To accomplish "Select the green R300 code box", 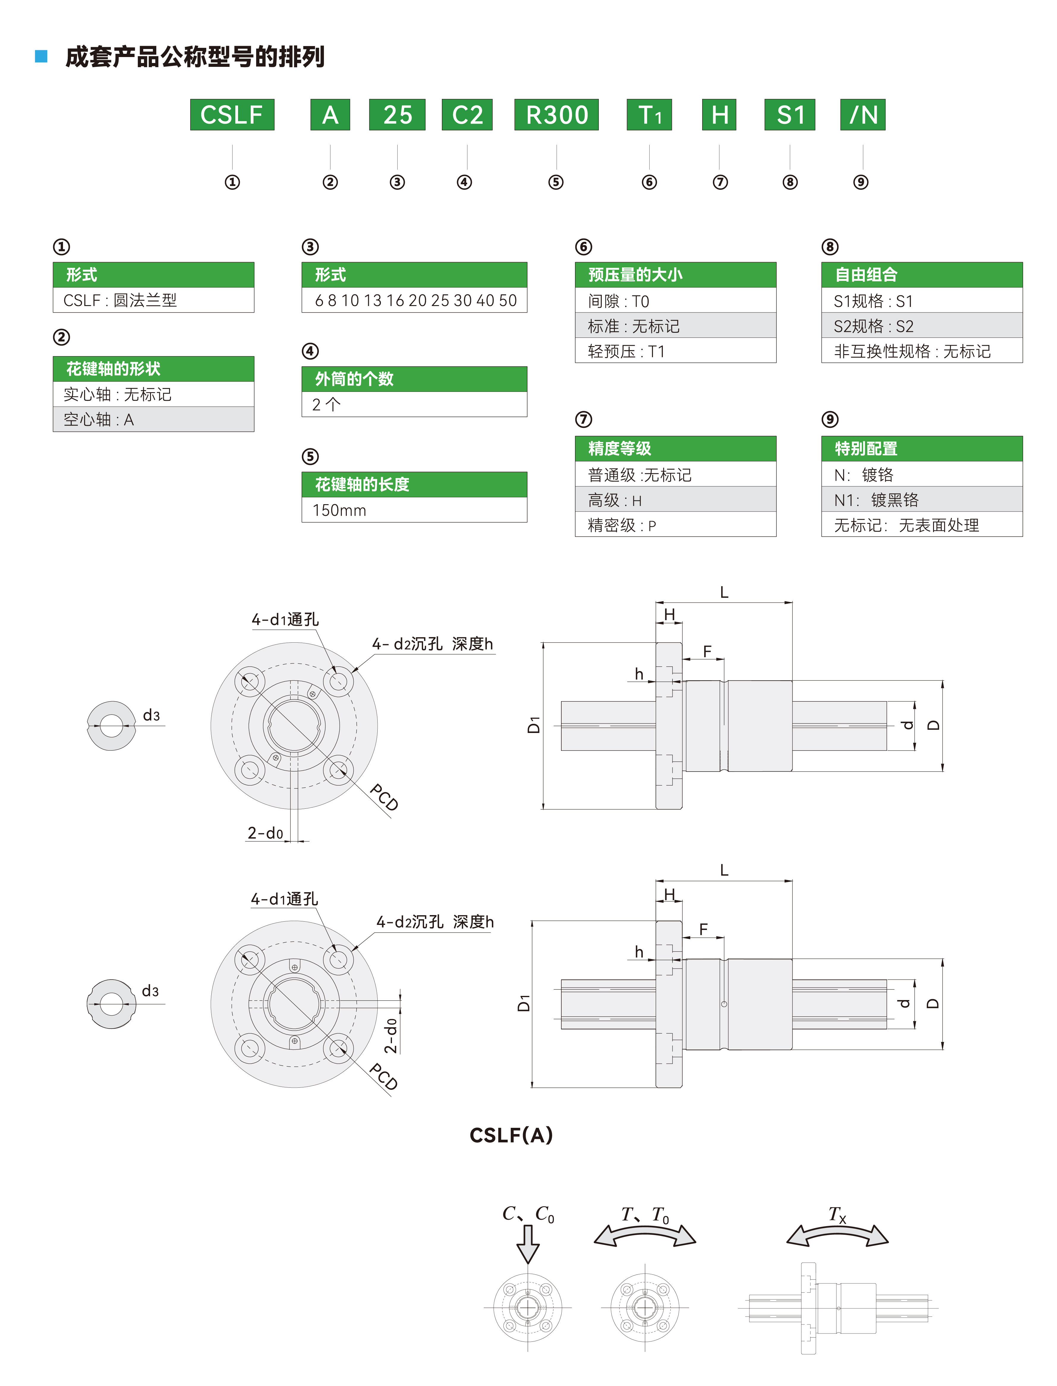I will point(556,114).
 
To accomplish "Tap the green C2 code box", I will point(467,114).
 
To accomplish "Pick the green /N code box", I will point(863,114).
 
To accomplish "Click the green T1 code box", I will point(649,114).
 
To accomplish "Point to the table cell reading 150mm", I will point(414,510).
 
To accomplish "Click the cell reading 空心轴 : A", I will point(153,420).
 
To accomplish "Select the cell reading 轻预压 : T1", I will point(675,351).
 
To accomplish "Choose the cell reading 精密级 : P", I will point(675,525).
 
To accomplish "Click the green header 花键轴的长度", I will point(414,485).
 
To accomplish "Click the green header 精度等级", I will point(675,449).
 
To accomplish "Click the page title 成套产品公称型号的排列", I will point(195,57).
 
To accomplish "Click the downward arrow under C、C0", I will point(527,1244).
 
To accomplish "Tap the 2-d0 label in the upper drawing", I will point(265,833).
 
